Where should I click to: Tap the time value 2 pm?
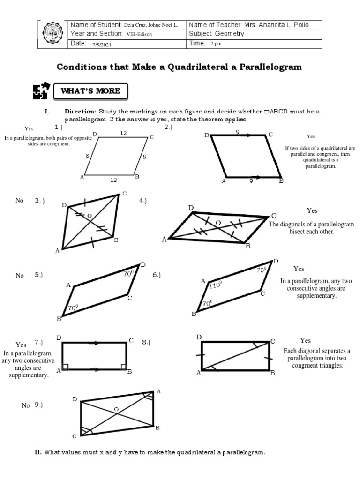[216, 44]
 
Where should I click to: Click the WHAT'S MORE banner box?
[90, 91]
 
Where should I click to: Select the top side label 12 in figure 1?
[123, 133]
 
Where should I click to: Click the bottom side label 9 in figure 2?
[251, 181]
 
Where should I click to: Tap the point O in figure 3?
[89, 216]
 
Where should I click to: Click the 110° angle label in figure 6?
[215, 285]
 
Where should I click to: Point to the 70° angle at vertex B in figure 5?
[72, 308]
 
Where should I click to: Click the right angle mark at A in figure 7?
[65, 367]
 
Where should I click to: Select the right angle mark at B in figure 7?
[123, 367]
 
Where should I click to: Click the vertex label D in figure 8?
[199, 337]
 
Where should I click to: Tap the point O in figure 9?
[116, 410]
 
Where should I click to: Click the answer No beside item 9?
[26, 405]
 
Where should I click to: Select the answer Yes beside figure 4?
[312, 210]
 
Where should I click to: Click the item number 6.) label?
[156, 275]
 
